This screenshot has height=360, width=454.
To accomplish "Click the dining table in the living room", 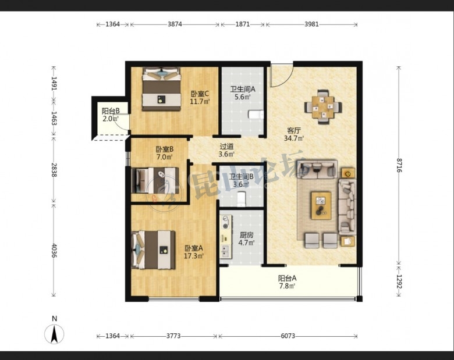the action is pos(323,107).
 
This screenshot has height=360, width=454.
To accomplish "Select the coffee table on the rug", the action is pos(321,205).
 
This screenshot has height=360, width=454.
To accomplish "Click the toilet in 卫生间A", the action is pos(256,115).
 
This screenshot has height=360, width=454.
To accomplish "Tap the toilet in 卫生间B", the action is pos(241,199).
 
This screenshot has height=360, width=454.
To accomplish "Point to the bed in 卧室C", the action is pos(161,89).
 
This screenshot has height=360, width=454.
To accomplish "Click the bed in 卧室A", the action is pos(154,249).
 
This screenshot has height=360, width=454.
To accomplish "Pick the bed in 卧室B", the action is pos(155,180).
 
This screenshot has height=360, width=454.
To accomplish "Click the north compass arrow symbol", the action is pos(54,334).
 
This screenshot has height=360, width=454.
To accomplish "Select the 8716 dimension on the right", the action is pos(399,165).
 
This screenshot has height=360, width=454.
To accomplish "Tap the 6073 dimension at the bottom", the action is pos(288,336).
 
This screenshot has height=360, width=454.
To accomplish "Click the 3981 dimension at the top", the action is pos(311,24).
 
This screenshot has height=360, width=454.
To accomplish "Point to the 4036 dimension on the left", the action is pos(54,251).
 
